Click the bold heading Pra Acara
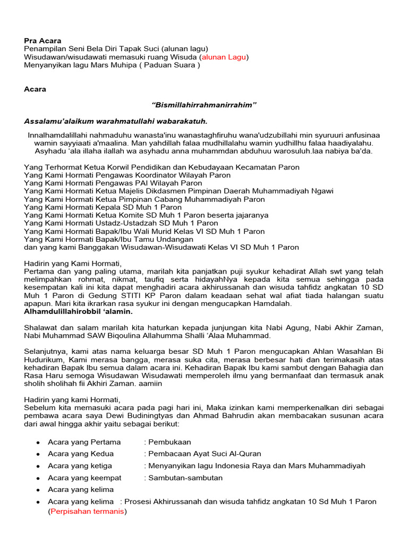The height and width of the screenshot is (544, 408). point(42,40)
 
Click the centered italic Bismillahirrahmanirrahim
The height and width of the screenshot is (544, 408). point(204,105)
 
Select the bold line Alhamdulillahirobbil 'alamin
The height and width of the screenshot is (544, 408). point(78,311)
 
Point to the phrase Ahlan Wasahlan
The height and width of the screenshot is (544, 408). point(344,352)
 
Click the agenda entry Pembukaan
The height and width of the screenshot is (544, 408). point(169,442)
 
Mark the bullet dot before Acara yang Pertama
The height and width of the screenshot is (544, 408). point(38,443)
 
